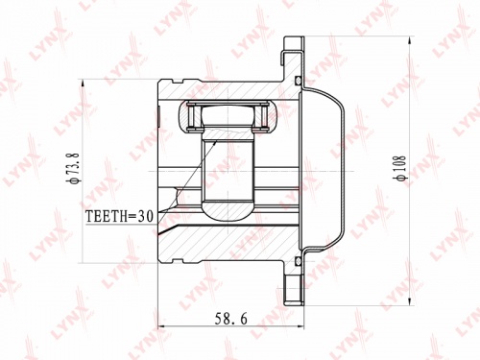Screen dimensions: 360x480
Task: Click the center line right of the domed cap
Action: tap(360, 171)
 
